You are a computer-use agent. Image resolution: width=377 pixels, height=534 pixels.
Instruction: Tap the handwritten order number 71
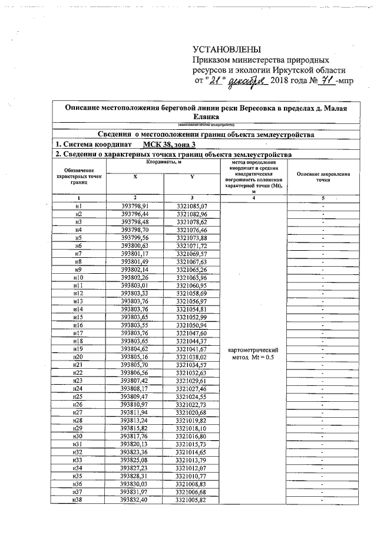[321, 81]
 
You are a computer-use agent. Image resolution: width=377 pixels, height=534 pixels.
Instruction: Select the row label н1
[78, 206]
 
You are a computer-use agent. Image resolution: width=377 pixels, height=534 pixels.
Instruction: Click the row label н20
[78, 358]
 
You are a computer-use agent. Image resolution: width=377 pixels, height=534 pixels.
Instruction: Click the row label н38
[78, 500]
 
